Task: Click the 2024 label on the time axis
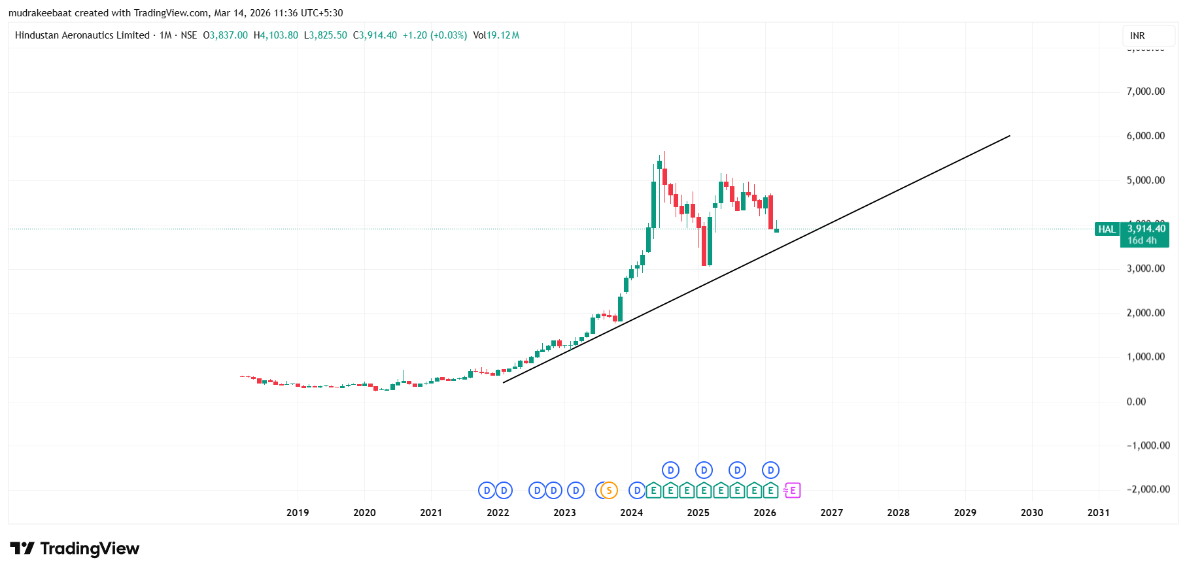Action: (631, 513)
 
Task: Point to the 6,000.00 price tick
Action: (1145, 136)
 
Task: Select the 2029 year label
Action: (965, 513)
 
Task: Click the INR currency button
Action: (1137, 36)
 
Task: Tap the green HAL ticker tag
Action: (1107, 229)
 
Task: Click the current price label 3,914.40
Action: (1146, 229)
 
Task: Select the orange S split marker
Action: (609, 490)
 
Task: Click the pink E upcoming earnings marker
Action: (793, 490)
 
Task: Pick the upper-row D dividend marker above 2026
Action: (770, 470)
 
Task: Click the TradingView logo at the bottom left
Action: (75, 548)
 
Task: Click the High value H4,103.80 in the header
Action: (275, 35)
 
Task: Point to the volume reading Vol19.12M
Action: (496, 35)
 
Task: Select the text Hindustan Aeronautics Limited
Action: (82, 35)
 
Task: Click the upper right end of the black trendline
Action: (1010, 136)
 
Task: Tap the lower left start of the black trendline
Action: (504, 382)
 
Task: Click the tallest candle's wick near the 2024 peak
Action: (664, 157)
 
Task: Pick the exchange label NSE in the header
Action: (188, 35)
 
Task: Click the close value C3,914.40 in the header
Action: (375, 35)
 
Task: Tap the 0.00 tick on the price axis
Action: (1136, 402)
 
